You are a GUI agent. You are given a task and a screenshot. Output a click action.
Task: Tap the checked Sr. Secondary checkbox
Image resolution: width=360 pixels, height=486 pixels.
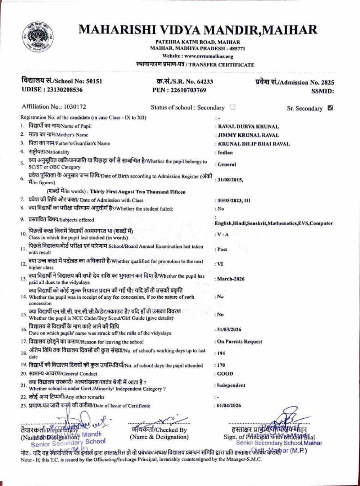click(x=330, y=108)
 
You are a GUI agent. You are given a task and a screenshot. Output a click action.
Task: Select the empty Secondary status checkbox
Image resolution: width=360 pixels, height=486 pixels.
click(x=233, y=107)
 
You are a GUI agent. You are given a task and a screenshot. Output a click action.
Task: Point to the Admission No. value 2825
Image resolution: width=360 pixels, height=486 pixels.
click(x=328, y=82)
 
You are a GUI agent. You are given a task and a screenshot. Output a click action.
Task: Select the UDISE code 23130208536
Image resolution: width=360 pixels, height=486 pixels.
click(x=63, y=90)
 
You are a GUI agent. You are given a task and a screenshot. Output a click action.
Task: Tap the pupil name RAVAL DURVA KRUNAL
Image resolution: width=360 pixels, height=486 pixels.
click(x=248, y=127)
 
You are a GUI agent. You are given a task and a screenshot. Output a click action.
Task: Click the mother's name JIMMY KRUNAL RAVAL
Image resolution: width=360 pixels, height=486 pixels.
click(x=248, y=135)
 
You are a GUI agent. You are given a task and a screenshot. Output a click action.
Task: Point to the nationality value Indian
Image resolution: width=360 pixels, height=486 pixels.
click(x=225, y=152)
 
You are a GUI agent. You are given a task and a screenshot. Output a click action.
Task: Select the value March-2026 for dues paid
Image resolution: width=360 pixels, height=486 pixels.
click(x=231, y=279)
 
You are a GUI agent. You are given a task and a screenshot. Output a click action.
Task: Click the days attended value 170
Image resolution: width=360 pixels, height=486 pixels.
click(x=221, y=365)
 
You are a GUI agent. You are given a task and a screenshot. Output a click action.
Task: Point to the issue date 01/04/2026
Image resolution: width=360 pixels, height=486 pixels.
click(x=229, y=406)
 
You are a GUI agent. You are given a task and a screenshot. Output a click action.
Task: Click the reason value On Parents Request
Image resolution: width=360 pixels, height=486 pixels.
click(x=240, y=342)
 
